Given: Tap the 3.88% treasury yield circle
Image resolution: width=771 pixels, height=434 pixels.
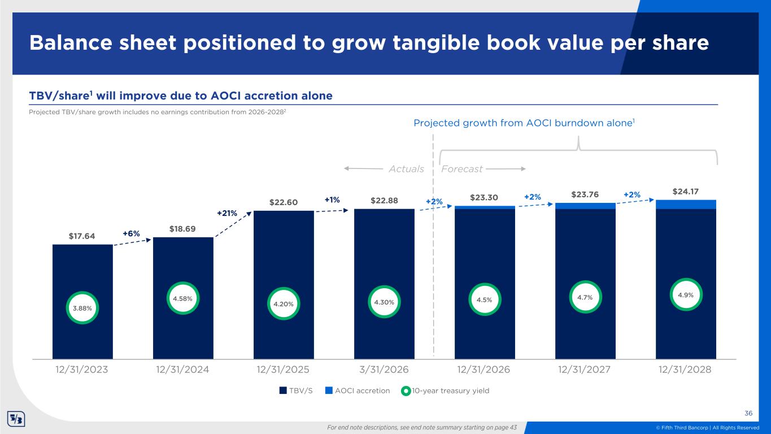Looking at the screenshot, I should coord(82,308).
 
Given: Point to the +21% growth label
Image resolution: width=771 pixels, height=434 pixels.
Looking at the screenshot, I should coord(227,213).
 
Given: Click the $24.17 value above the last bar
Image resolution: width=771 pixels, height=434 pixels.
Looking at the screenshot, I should coord(686,192).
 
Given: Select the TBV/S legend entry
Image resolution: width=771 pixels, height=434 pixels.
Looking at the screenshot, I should coord(296,390).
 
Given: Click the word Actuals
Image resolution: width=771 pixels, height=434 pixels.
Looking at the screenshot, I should coord(406,169).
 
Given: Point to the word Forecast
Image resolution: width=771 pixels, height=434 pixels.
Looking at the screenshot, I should coord(461,169).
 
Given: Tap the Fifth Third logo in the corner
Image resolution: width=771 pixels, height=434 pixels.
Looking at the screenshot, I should coord(15,420).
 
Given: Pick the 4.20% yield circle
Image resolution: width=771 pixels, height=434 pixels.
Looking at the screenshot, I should coord(284,303).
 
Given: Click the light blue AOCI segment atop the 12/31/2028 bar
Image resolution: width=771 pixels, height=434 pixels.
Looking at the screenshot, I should coord(686,205).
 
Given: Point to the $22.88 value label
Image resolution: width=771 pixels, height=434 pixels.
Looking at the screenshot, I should coord(384,201).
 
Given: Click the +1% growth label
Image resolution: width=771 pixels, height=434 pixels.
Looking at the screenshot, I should coord(332,199).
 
